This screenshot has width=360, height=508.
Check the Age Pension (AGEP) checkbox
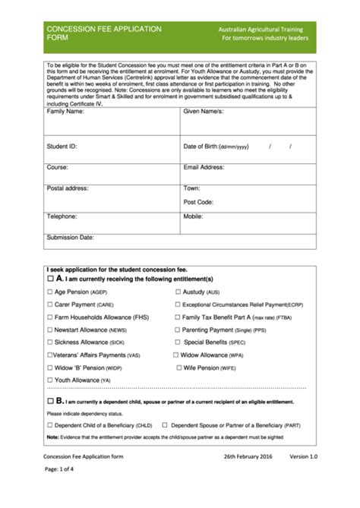50,292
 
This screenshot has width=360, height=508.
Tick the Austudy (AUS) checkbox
178,292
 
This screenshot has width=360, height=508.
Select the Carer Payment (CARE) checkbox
50,304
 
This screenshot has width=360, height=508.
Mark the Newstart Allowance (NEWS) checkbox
50,330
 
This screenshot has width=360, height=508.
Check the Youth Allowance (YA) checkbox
50,380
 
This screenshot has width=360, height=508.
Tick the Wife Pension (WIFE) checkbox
178,367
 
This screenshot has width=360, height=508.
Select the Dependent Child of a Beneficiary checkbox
50,425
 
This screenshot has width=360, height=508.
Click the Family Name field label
65,112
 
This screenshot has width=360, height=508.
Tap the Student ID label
62,146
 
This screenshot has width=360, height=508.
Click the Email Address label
204,167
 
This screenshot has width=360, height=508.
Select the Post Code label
198,202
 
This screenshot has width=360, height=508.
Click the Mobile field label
193,216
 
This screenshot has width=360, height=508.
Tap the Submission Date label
70,238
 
